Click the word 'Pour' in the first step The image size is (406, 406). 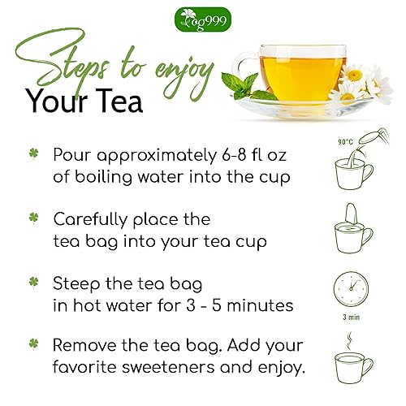[x=74, y=154]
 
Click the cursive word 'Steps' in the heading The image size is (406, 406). [x=73, y=65]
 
